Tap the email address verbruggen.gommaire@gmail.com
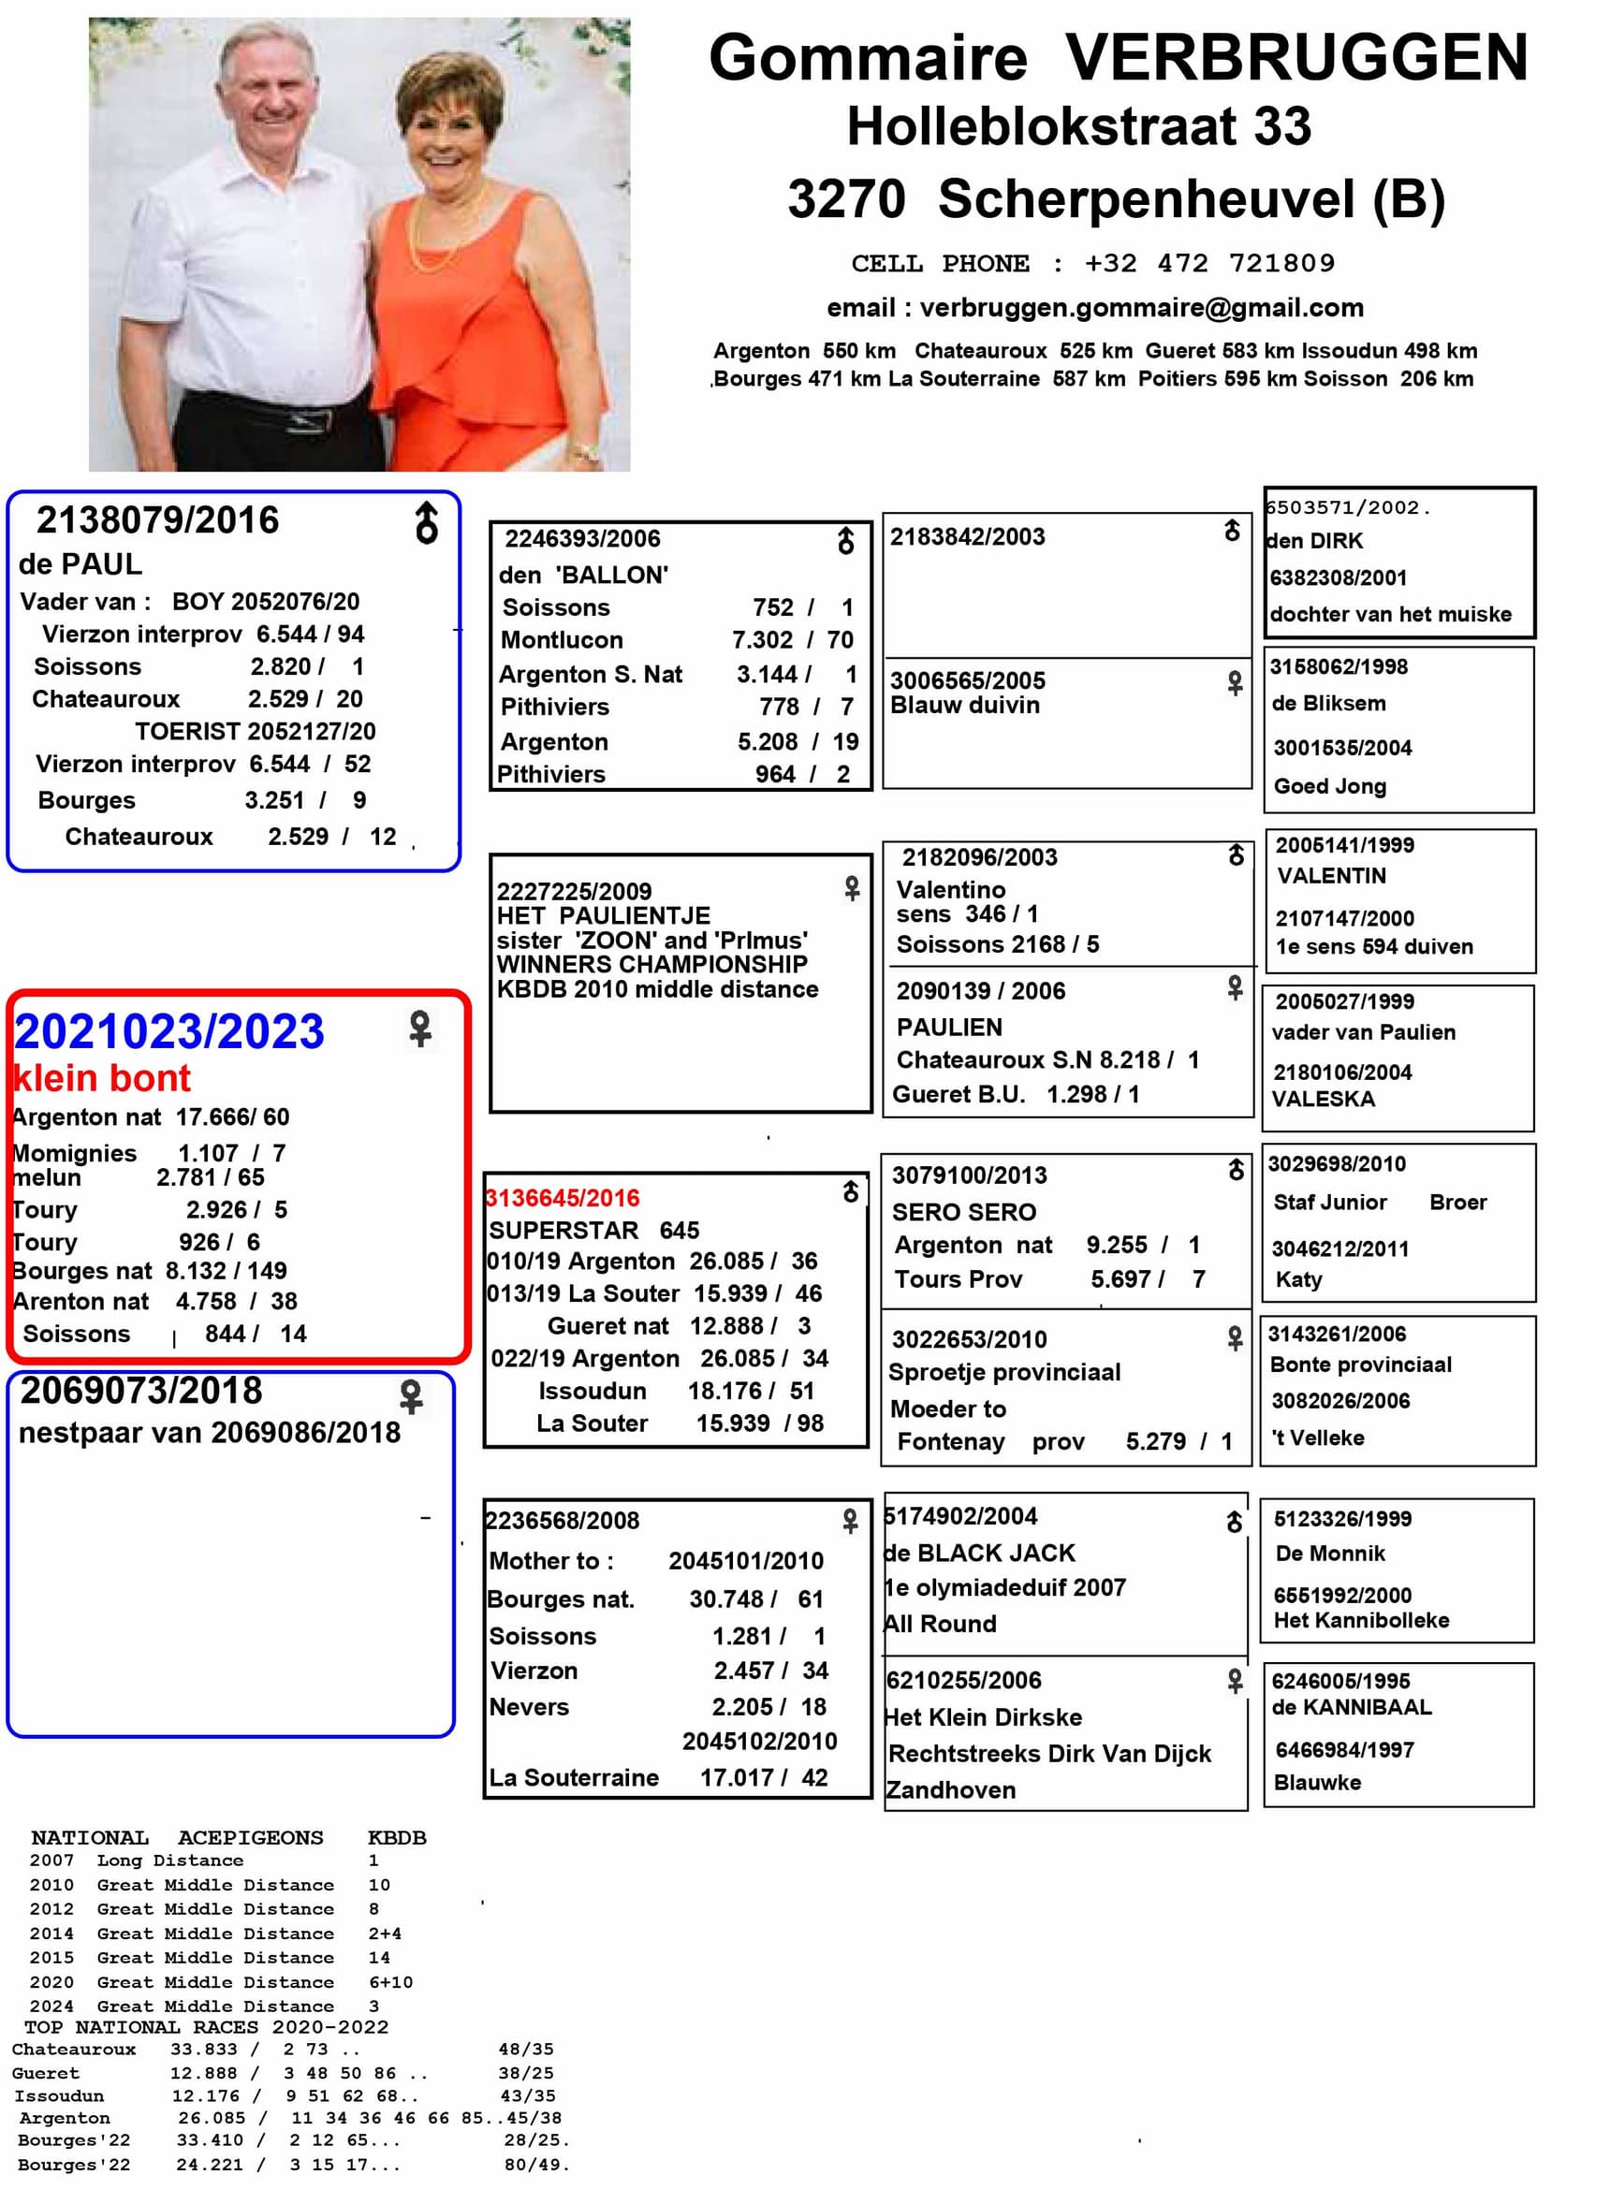coord(1141,308)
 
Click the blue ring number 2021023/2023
coord(168,1030)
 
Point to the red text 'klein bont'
coord(102,1078)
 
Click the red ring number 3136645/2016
coord(563,1197)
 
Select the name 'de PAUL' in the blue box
coord(80,563)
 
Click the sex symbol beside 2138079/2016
coord(426,523)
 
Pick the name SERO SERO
coord(964,1212)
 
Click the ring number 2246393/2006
coord(582,539)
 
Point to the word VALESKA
coord(1323,1099)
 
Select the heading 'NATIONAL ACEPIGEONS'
coord(176,1838)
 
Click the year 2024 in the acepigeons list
coord(51,2006)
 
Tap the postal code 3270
coord(846,198)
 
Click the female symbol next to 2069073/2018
coord(411,1396)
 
